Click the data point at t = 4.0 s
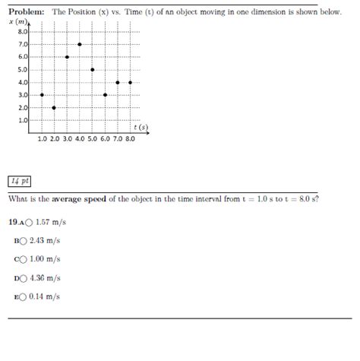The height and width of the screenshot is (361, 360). (80, 44)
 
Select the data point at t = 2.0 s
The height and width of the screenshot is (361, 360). (54, 107)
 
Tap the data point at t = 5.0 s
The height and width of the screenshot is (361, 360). (92, 69)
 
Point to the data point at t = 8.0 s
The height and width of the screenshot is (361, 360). (131, 82)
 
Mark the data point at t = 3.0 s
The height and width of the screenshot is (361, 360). (67, 57)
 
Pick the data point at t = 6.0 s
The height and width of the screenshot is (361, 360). (105, 95)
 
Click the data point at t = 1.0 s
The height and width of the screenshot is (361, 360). (42, 95)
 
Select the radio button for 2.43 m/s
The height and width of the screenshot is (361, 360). (24, 241)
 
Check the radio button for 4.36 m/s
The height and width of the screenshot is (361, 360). (24, 278)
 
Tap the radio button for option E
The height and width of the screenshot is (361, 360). (24, 297)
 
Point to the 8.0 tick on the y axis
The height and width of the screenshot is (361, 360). (22, 32)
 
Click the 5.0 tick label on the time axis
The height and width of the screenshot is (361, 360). (92, 140)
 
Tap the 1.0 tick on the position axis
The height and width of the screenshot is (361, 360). (22, 120)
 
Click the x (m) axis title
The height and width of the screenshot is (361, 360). (17, 22)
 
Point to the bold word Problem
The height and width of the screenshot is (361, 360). (27, 13)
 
